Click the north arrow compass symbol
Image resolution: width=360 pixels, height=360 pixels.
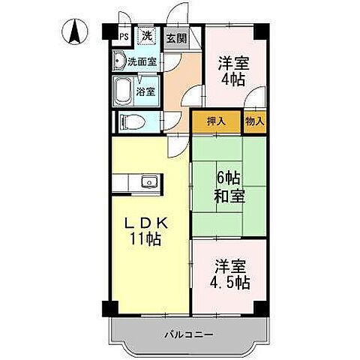(x=76, y=32)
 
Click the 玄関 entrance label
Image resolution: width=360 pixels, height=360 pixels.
(x=176, y=37)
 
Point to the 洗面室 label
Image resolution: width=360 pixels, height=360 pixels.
(x=141, y=61)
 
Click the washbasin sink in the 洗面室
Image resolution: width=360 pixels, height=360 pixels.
(x=118, y=61)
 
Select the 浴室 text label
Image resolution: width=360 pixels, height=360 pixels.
(x=145, y=92)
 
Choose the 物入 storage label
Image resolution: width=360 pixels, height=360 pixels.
(x=255, y=121)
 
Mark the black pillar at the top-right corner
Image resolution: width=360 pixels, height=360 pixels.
(x=260, y=33)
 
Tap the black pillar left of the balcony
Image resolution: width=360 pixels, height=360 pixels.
(x=109, y=307)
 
